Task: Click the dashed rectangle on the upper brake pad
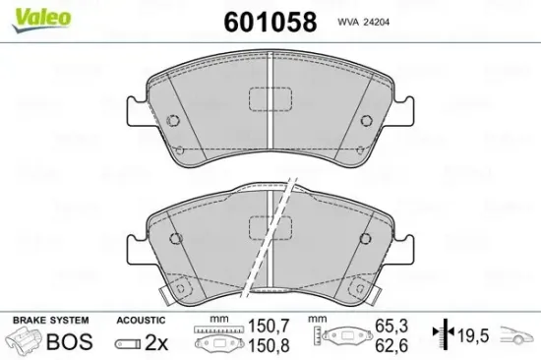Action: [266, 100]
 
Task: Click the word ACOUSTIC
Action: [141, 321]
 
